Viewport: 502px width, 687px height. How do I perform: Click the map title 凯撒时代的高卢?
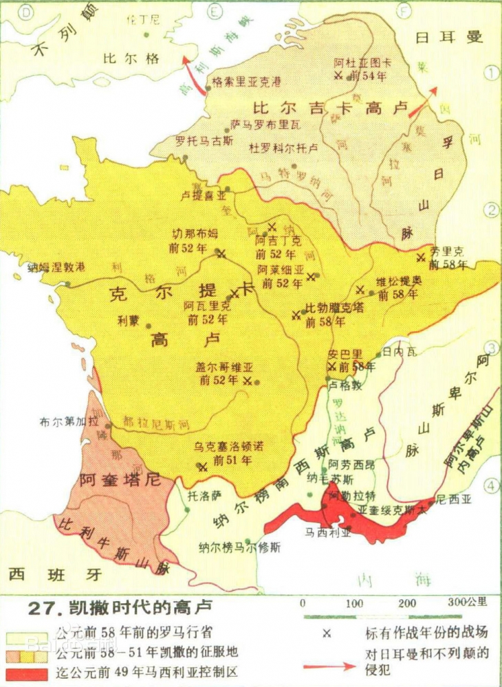(x=121, y=607)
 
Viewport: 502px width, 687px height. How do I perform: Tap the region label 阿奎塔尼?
(x=120, y=480)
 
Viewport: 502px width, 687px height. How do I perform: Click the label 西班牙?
(x=50, y=574)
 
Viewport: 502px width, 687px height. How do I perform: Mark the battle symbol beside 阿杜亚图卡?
(x=338, y=76)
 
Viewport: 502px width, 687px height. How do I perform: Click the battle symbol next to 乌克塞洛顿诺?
(x=202, y=467)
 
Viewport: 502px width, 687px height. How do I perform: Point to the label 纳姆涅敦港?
(x=57, y=267)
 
